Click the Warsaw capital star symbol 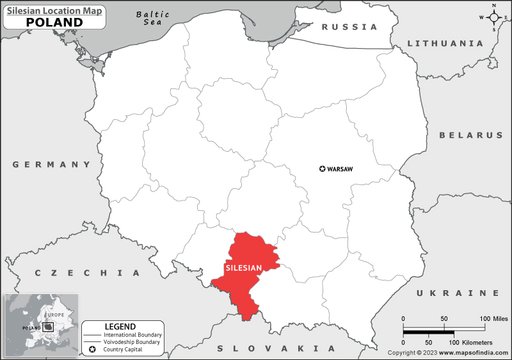(x=322, y=169)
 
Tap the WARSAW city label (x=340, y=169)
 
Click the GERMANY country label (x=52, y=165)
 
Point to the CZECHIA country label (x=87, y=273)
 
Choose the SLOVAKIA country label (x=276, y=348)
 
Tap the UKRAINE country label (x=458, y=293)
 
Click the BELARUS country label (x=471, y=135)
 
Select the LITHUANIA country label (x=445, y=44)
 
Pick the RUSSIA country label (x=349, y=27)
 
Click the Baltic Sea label (x=153, y=18)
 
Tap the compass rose (x=494, y=18)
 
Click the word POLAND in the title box (x=54, y=22)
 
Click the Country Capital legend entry (x=129, y=349)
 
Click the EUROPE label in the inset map (x=54, y=315)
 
